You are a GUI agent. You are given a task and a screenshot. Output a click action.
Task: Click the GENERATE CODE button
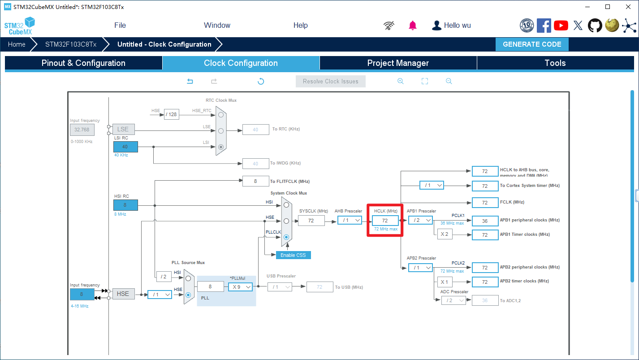tap(532, 44)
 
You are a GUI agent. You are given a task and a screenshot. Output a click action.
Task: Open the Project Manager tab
tap(398, 63)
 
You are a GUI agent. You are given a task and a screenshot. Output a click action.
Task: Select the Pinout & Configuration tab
tap(83, 63)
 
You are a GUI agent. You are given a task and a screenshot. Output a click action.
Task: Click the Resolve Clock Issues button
tap(330, 82)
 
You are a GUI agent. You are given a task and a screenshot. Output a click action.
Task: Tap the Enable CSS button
tap(293, 255)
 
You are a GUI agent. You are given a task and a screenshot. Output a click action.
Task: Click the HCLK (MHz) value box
tap(385, 221)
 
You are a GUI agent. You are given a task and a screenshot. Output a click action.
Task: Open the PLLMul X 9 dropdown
tap(241, 287)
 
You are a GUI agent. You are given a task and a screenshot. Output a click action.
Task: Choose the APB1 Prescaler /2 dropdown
tap(420, 220)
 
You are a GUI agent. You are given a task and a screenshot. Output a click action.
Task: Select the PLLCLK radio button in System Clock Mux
tap(286, 237)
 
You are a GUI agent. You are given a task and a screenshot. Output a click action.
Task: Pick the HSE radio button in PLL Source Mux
tap(188, 295)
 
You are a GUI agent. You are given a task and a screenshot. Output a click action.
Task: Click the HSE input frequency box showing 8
tap(82, 294)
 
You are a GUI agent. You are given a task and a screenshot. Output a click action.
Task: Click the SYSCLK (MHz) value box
tap(311, 221)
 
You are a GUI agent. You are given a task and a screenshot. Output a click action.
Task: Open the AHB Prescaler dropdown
tap(349, 220)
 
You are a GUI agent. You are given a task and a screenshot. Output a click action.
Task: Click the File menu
tap(120, 26)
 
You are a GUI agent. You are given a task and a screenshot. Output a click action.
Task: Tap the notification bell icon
tap(413, 26)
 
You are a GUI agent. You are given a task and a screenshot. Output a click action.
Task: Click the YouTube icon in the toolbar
tap(561, 26)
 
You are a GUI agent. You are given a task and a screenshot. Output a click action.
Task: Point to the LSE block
tap(123, 129)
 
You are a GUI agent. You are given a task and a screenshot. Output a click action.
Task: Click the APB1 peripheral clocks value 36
tap(485, 221)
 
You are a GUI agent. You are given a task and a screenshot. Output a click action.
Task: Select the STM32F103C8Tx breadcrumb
tap(71, 44)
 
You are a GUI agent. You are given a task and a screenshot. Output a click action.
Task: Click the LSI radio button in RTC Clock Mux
tap(220, 147)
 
